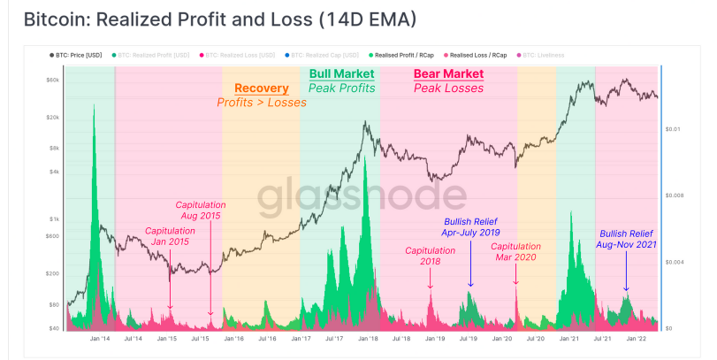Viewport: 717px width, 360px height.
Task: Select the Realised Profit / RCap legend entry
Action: pos(408,55)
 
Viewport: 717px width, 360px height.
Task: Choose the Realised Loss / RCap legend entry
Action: pos(485,55)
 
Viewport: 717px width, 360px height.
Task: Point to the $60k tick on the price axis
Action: pos(52,80)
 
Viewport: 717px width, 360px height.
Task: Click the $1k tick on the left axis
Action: pos(54,219)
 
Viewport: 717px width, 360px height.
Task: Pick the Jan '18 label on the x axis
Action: pos(368,339)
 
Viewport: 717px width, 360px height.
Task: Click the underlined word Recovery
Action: pos(261,88)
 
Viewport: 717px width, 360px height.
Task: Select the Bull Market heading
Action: pos(341,74)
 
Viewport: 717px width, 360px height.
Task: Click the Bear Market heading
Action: pos(447,74)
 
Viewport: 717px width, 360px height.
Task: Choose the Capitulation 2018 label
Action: pos(431,256)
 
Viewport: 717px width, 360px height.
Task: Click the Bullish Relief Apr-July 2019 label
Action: pos(470,227)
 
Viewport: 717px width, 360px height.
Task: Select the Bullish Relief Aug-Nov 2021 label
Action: pos(627,239)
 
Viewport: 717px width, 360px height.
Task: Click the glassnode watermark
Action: pos(362,199)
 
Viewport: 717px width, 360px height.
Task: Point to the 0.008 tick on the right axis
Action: pos(676,195)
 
